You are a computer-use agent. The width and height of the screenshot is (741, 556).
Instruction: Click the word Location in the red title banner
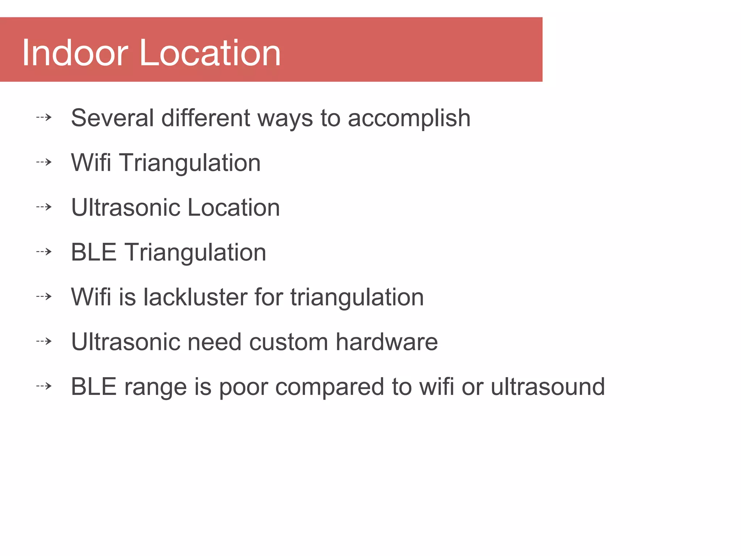click(209, 53)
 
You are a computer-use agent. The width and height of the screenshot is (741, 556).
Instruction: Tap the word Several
click(112, 118)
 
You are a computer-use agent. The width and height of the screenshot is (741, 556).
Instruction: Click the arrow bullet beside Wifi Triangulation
click(44, 162)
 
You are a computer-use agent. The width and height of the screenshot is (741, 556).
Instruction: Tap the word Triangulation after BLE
click(195, 253)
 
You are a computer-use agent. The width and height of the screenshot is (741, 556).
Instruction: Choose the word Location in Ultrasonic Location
click(233, 208)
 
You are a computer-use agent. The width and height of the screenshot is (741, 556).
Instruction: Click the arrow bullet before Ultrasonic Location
click(44, 207)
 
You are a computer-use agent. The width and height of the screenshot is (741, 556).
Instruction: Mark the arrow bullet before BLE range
click(44, 386)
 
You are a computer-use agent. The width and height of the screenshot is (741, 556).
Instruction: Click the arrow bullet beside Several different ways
click(44, 117)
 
